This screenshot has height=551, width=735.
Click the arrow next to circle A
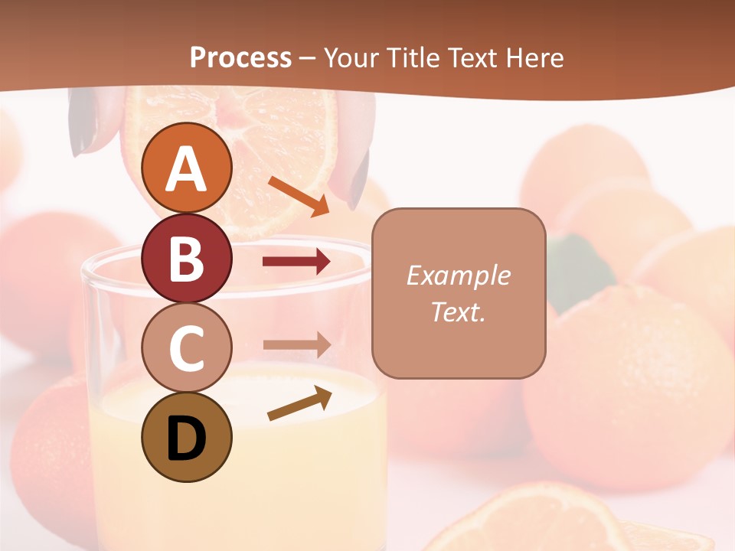click(298, 196)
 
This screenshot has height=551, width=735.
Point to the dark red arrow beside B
click(296, 262)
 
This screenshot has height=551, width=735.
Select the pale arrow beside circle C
click(296, 344)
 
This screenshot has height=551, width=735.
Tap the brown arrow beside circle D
click(299, 403)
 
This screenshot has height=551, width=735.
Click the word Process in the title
click(240, 57)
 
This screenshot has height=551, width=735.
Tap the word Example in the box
click(458, 275)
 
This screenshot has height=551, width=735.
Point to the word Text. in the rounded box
click(458, 311)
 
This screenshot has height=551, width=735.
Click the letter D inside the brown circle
click(187, 440)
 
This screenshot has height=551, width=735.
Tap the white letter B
click(187, 258)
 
